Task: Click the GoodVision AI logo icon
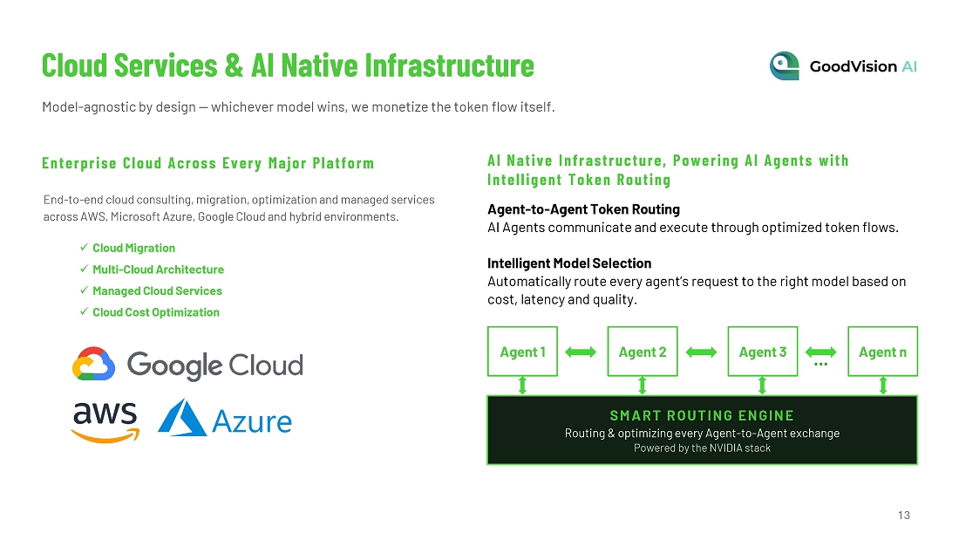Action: [x=785, y=66]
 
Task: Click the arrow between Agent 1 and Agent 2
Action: [x=581, y=352]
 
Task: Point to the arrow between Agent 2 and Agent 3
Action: [x=701, y=352]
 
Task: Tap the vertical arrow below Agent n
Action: [x=882, y=386]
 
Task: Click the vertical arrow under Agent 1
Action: [x=522, y=386]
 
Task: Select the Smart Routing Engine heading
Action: [x=702, y=416]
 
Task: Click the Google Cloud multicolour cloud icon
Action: [x=93, y=364]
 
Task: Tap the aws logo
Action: [x=105, y=422]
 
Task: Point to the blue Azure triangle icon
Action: [x=181, y=418]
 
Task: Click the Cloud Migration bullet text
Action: [x=134, y=248]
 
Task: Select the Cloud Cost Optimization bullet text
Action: [x=156, y=312]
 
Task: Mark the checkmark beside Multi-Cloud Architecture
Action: [x=84, y=269]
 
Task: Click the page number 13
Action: [x=904, y=516]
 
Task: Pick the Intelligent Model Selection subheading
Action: [x=569, y=263]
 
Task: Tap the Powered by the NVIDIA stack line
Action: [x=702, y=448]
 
